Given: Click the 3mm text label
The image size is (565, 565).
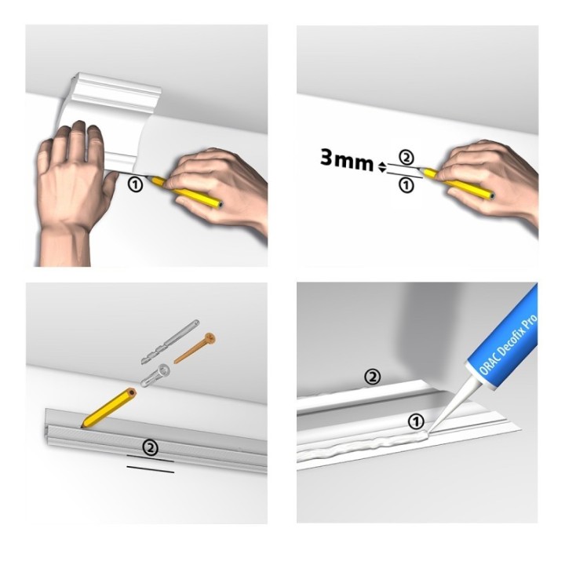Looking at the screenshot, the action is point(347,160).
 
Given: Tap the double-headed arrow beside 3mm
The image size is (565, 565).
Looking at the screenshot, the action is point(382,167).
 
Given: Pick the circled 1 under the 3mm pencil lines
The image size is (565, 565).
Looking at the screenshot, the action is point(406,185).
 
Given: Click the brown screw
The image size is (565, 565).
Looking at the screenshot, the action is point(195,348).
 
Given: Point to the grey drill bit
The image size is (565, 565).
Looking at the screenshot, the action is point(170,342).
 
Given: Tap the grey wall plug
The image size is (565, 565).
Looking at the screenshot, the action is point(155,375).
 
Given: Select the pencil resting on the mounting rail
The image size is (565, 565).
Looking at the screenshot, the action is point(108,407).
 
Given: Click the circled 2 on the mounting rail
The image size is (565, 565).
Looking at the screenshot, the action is point(151,447).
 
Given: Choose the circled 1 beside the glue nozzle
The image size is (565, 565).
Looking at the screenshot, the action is point(416,421).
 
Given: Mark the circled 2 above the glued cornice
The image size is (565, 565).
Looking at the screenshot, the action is point(372,377).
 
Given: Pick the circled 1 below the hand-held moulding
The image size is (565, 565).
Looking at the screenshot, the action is point(136,185).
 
